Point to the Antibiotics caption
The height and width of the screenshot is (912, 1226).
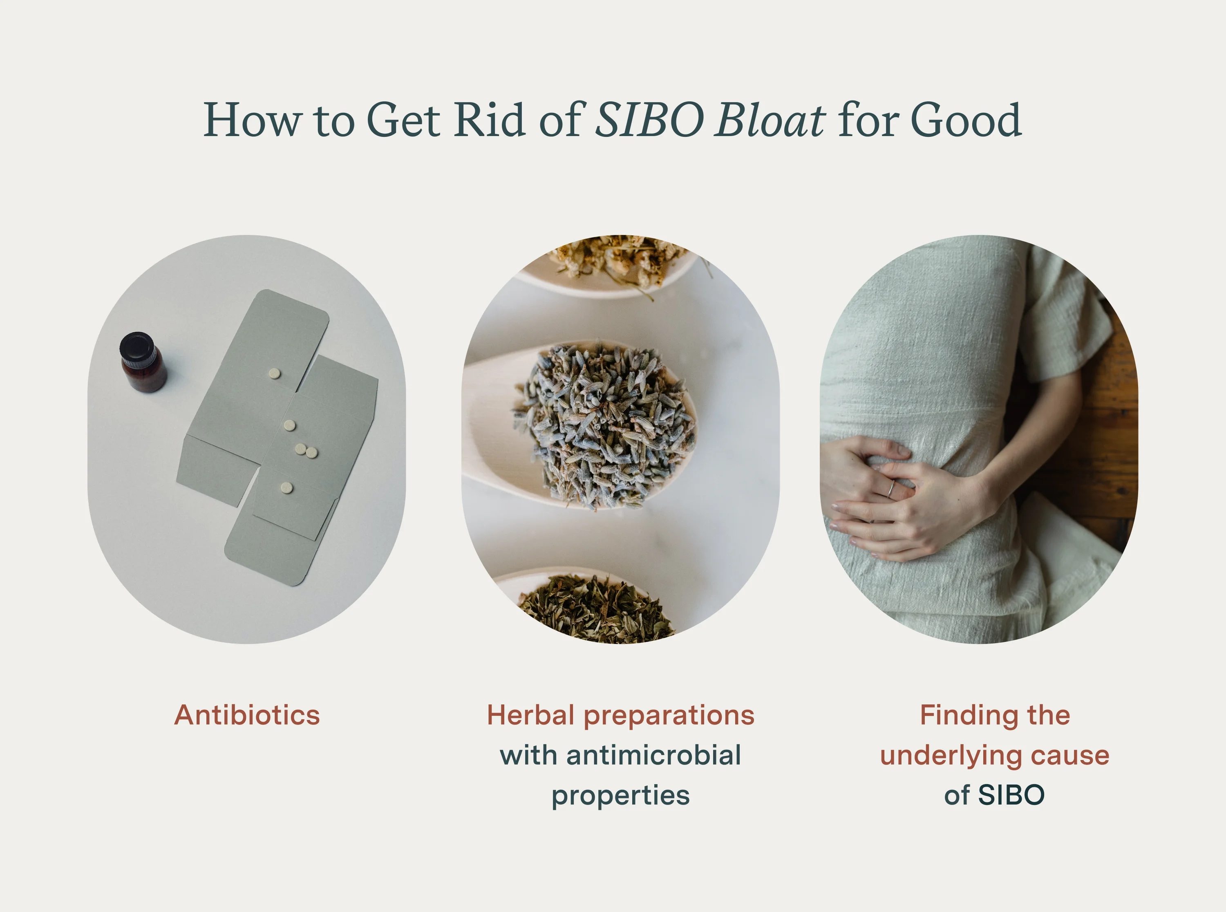[247, 715]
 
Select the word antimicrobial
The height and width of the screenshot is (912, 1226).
[653, 755]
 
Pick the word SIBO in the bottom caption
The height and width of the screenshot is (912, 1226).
[1011, 796]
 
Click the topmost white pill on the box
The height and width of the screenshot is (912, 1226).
[274, 374]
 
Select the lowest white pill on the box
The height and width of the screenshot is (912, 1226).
[286, 487]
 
